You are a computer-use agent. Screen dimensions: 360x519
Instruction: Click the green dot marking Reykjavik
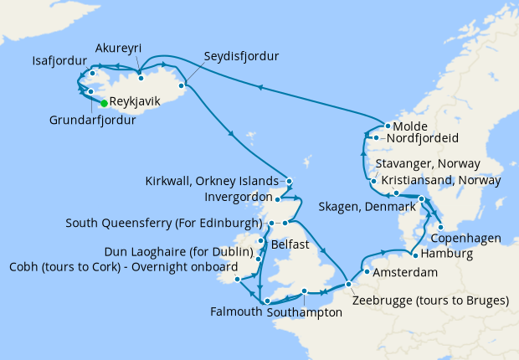(x=104, y=103)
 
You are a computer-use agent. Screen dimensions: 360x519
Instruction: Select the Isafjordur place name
(x=59, y=61)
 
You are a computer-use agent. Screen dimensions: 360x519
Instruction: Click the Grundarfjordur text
(x=91, y=119)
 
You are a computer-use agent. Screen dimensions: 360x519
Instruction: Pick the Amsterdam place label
(x=407, y=274)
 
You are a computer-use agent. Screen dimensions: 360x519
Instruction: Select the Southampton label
(x=305, y=312)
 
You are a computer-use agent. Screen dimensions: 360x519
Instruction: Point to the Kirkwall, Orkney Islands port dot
(x=288, y=181)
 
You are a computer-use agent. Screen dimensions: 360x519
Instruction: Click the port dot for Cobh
(x=238, y=280)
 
